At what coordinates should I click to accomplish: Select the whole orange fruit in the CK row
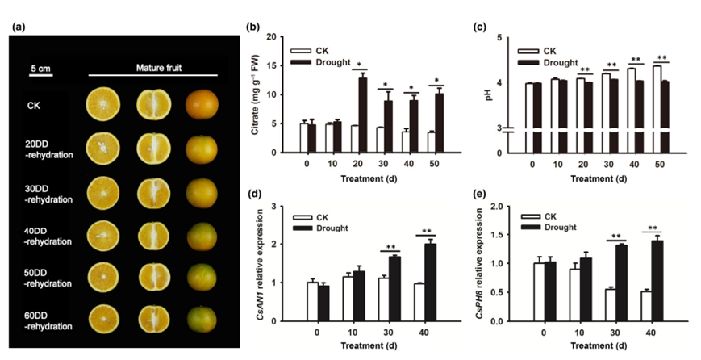tap(201, 107)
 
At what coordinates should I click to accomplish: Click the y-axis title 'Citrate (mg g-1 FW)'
tap(256, 95)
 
